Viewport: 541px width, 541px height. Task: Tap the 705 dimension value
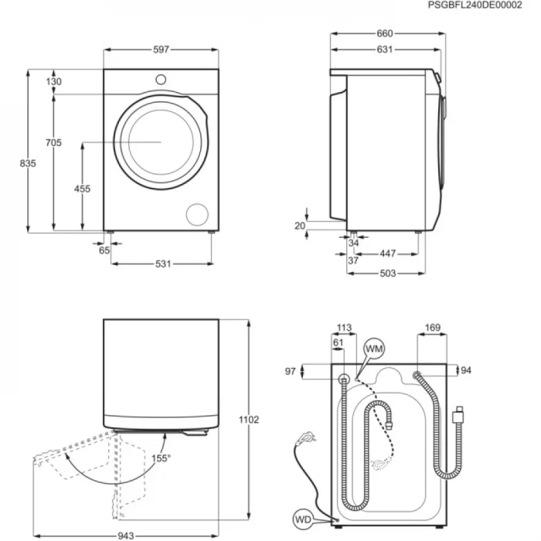point(54,142)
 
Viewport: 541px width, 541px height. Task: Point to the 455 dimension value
point(82,189)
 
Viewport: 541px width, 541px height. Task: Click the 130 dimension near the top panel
point(54,81)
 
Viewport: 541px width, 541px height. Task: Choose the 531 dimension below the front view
point(162,264)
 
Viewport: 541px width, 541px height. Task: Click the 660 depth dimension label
point(385,33)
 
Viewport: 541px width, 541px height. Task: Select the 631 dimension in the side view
point(385,49)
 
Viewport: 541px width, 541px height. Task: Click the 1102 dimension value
point(249,420)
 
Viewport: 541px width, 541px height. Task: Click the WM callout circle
point(375,350)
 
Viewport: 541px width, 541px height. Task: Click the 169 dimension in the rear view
point(433,328)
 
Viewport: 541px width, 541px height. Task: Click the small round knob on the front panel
point(161,79)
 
